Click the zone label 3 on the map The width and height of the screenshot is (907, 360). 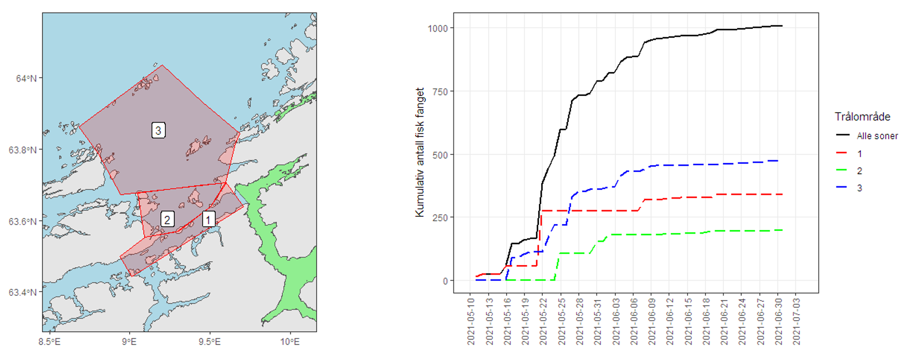[159, 130]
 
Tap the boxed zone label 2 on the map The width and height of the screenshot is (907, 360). [167, 219]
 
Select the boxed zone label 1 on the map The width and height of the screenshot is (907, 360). [208, 219]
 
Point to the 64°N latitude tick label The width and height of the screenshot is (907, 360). [26, 78]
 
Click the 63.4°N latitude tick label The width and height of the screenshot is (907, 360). [22, 292]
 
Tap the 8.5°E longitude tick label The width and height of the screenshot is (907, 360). [49, 342]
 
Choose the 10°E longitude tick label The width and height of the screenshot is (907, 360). [290, 342]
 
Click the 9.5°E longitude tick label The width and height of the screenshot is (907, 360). [210, 342]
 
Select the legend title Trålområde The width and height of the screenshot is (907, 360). [862, 117]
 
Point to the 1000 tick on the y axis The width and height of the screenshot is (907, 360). [437, 28]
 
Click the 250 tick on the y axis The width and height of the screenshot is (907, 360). [440, 218]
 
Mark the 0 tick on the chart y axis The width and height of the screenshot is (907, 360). [445, 281]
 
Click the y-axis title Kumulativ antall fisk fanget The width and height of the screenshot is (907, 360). [420, 153]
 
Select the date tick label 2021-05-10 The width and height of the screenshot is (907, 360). [471, 322]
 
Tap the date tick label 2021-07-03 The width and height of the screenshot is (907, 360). [797, 322]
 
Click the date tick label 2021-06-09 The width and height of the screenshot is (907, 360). [652, 322]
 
